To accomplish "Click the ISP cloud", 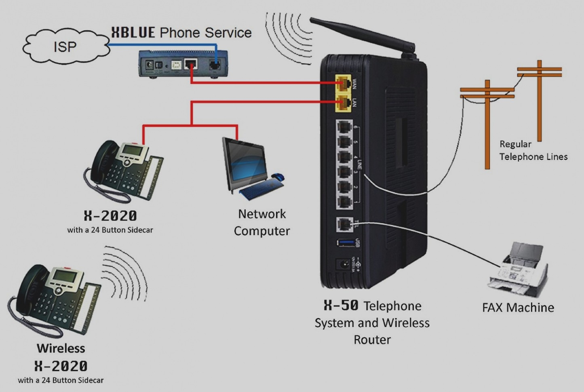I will [65, 47].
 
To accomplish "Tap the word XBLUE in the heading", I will [133, 33].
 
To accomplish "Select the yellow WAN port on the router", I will [344, 84].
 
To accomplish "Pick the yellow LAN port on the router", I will [344, 103].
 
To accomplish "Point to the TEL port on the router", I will [344, 224].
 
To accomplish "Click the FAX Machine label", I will [518, 308].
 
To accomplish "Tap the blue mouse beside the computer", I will [278, 177].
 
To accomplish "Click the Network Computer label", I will [262, 222].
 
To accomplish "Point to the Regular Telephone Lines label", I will [533, 150].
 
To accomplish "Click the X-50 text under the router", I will [341, 306].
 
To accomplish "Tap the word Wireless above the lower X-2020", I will [61, 348].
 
